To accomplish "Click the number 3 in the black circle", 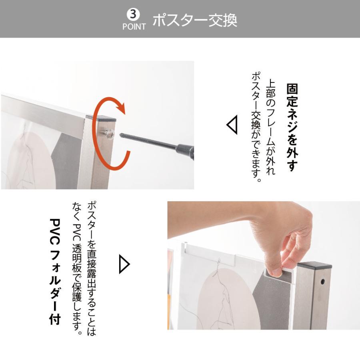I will [134, 14].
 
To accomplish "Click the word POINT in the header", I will [134, 27].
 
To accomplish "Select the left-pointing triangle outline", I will [232, 125].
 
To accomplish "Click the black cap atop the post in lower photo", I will [314, 266].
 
